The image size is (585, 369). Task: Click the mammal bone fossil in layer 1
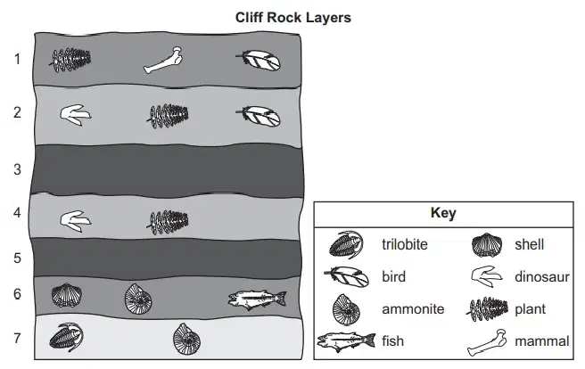coord(163,60)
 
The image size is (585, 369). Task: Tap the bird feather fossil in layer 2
coord(259,116)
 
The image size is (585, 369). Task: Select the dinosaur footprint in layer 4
coord(76,221)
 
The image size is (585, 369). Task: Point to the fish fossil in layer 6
coord(258,299)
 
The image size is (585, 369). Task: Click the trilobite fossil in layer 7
coord(66,337)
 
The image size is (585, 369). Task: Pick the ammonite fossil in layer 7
coord(186,339)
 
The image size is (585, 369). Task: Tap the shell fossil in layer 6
coord(67,296)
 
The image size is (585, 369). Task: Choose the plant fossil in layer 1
coord(70,60)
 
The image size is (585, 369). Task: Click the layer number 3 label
coord(17,169)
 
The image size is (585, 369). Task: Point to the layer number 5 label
coord(17,258)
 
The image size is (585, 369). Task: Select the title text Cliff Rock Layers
coord(292,18)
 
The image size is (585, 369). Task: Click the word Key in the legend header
coord(443,213)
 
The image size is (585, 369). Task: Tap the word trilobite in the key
coord(405,244)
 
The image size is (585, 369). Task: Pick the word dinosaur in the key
coord(541,277)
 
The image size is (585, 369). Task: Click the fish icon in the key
coord(346,340)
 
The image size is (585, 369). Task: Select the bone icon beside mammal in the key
coord(487,342)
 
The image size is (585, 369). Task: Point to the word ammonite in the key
coord(413,309)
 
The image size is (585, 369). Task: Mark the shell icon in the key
coord(487,245)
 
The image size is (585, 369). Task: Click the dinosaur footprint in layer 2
coord(76,115)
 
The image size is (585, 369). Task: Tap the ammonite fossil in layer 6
coord(138,299)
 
